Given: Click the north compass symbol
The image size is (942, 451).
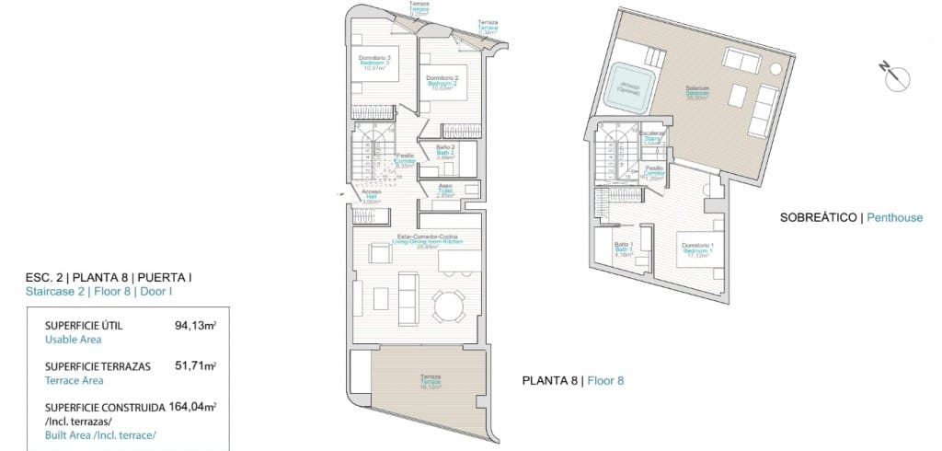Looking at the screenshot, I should coord(896,77).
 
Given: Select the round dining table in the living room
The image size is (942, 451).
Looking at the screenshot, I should coord(449,306).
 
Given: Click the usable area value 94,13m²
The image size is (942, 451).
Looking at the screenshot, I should coord(195,325).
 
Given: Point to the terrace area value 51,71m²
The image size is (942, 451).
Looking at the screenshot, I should coord(195,365).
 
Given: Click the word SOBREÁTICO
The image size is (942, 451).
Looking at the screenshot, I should coord(817,218).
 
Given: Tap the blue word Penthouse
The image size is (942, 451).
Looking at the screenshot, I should coord(894,218).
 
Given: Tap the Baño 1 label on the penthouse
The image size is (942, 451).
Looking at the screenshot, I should coord(624,247).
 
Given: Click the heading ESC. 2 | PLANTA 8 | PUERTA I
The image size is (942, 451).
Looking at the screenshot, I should coord(109,277).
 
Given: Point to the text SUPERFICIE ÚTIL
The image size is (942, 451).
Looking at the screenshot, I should coord(84,325).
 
